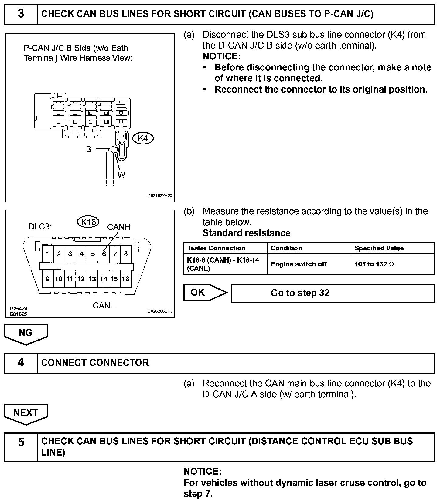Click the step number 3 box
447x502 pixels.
point(21,14)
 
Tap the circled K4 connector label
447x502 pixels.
point(143,138)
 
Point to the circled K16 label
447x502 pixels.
point(88,222)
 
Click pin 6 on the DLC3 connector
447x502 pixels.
point(104,254)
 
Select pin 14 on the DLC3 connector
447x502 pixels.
point(104,279)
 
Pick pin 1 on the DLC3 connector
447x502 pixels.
point(48,254)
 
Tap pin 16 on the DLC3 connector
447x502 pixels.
point(126,279)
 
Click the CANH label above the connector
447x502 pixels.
point(119,227)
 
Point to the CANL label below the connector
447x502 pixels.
point(104,306)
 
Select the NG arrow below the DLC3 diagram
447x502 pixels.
point(26,334)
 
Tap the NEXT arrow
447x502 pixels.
point(26,413)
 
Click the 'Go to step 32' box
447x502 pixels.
point(333,293)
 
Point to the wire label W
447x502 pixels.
point(121,175)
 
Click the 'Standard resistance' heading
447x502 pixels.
point(246,233)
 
